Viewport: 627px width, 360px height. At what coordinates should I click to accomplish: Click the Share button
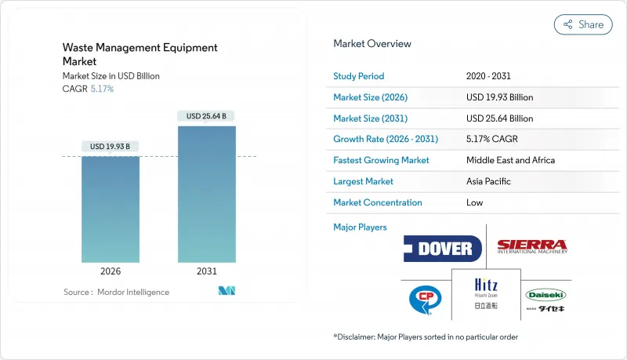[x=583, y=24]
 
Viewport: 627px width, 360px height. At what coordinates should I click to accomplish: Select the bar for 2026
[x=110, y=209]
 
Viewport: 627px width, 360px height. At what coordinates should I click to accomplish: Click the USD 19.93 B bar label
[x=110, y=147]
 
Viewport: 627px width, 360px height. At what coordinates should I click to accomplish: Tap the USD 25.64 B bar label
[x=206, y=116]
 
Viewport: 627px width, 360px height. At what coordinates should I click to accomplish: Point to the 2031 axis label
[x=206, y=271]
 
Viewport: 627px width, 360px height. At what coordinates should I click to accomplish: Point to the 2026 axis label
[x=110, y=271]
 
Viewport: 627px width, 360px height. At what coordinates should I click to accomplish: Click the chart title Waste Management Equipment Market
[x=140, y=54]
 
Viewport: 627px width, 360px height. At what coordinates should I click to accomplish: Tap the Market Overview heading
[x=371, y=44]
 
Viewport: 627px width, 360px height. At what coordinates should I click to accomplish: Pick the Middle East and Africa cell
[x=510, y=160]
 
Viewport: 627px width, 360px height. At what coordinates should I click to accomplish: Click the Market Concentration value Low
[x=475, y=202]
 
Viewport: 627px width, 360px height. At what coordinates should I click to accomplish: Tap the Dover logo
[x=443, y=249]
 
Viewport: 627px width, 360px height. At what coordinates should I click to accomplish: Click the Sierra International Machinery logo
[x=532, y=246]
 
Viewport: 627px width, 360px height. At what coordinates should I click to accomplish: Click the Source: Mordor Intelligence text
[x=116, y=292]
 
